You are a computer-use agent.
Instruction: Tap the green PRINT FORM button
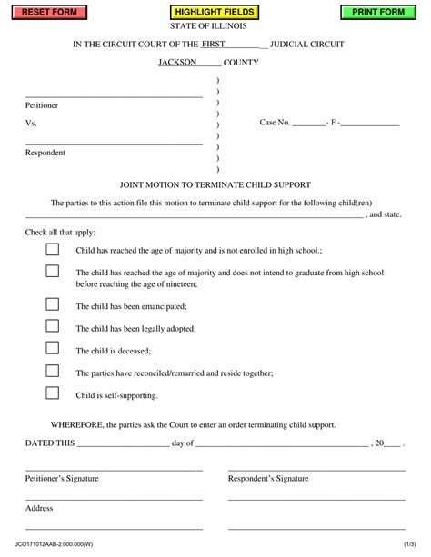pos(378,12)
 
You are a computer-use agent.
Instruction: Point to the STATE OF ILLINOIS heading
pos(215,26)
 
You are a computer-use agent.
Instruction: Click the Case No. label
pos(275,122)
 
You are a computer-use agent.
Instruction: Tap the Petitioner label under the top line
pos(42,105)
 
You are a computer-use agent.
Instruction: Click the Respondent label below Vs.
pos(45,153)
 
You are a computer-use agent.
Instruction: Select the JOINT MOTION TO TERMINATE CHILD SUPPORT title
pos(215,184)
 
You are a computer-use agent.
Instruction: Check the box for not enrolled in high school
pos(53,249)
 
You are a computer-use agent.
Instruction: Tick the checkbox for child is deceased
pos(53,347)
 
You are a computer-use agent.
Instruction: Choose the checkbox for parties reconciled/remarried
pos(53,370)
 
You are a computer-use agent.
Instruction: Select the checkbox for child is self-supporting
pos(53,393)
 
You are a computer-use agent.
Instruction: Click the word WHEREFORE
pos(77,423)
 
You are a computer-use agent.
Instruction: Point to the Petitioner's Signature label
pos(62,478)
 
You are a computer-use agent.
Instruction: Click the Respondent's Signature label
pos(268,478)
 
